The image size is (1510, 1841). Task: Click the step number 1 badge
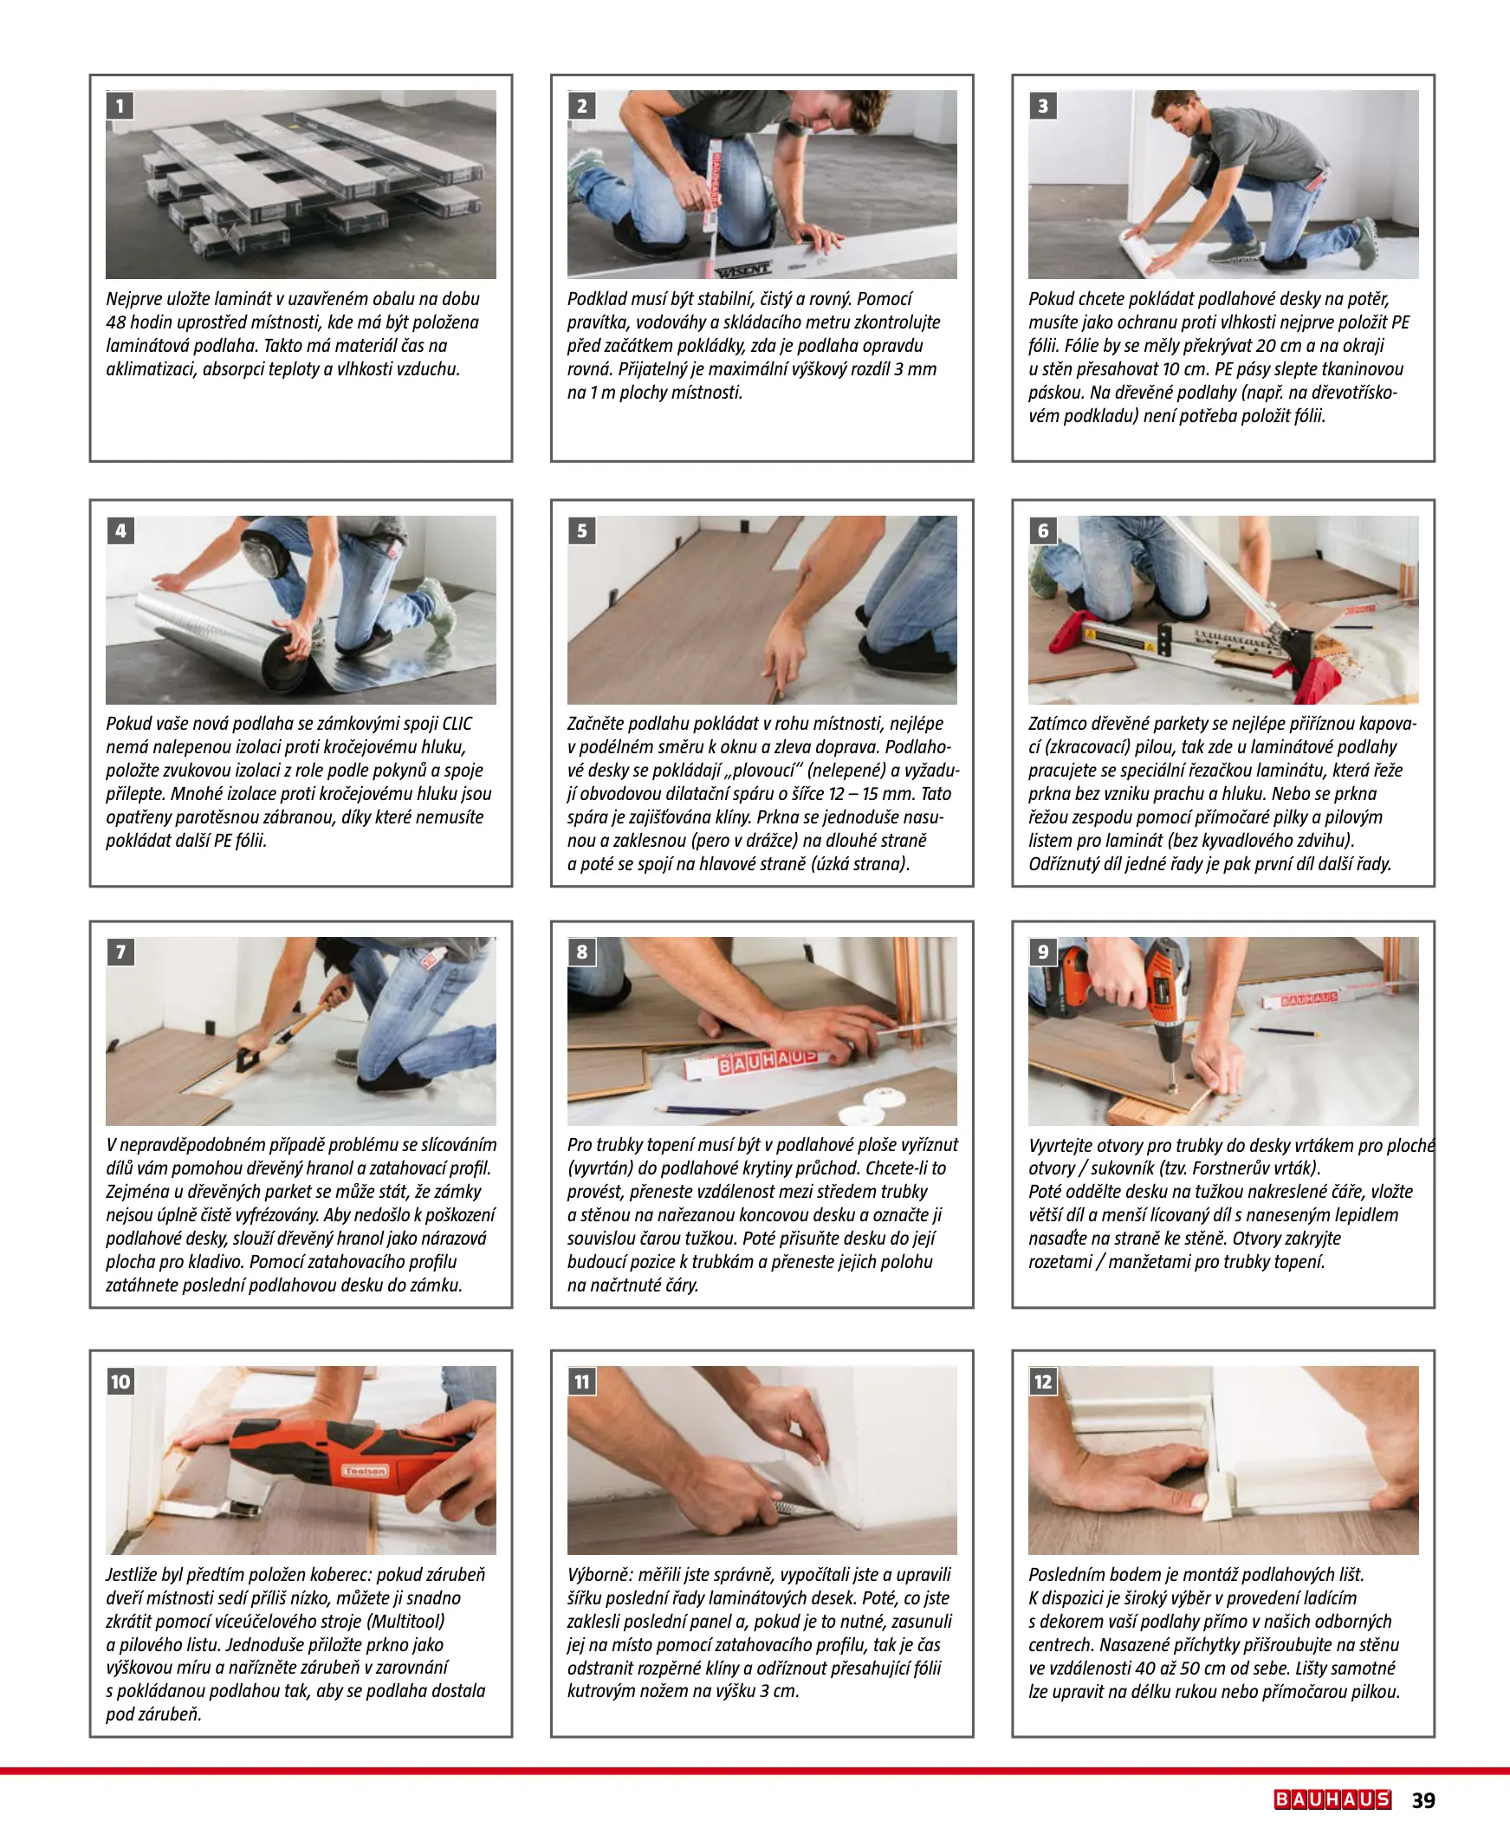tap(120, 106)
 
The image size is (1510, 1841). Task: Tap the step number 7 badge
tap(121, 952)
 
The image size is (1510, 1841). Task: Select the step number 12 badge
tap(1043, 1382)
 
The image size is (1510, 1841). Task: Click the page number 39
tap(1423, 1800)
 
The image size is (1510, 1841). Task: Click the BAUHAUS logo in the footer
tap(1332, 1799)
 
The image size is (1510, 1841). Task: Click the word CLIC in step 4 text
tap(457, 724)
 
